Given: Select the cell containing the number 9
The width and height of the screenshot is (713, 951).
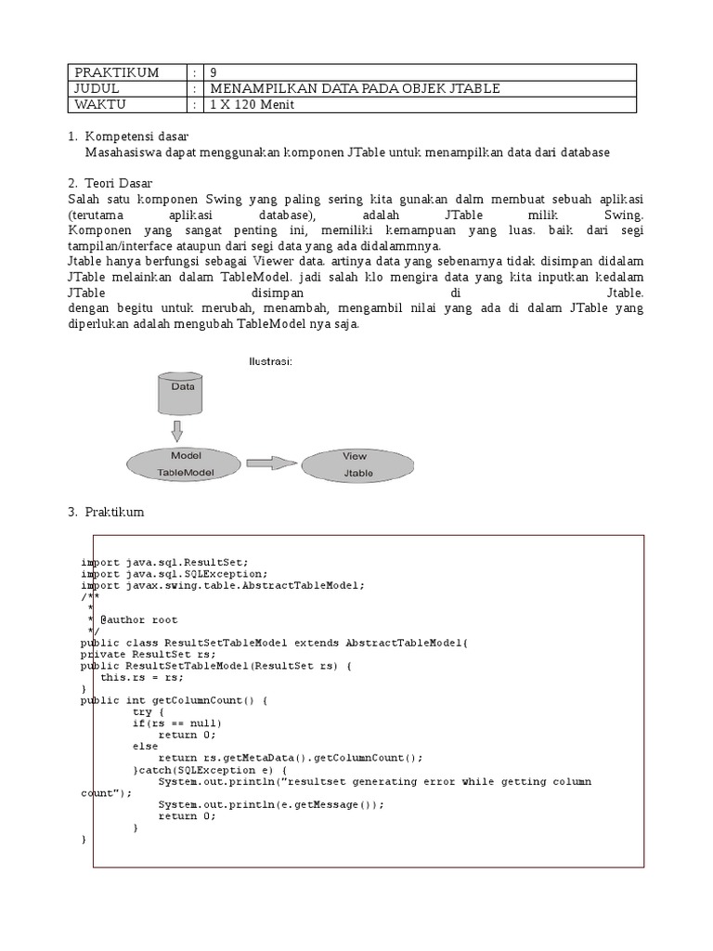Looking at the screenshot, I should (x=215, y=72).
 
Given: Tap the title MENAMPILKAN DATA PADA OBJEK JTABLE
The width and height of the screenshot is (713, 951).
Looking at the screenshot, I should (x=356, y=88).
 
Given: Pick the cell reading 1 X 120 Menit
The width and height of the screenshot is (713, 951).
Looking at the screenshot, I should (x=253, y=105).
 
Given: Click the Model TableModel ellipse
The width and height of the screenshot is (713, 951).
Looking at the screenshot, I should (x=186, y=463).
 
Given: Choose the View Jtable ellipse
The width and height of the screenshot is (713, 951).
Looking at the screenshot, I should (x=355, y=463).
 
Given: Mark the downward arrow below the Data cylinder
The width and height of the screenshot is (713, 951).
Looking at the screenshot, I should (x=178, y=430).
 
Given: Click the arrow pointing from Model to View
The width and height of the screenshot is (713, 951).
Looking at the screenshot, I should (x=271, y=462).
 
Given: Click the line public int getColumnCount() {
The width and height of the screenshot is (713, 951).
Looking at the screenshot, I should (x=174, y=700).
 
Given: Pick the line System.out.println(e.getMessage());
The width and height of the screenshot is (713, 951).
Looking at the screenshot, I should (x=270, y=804).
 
